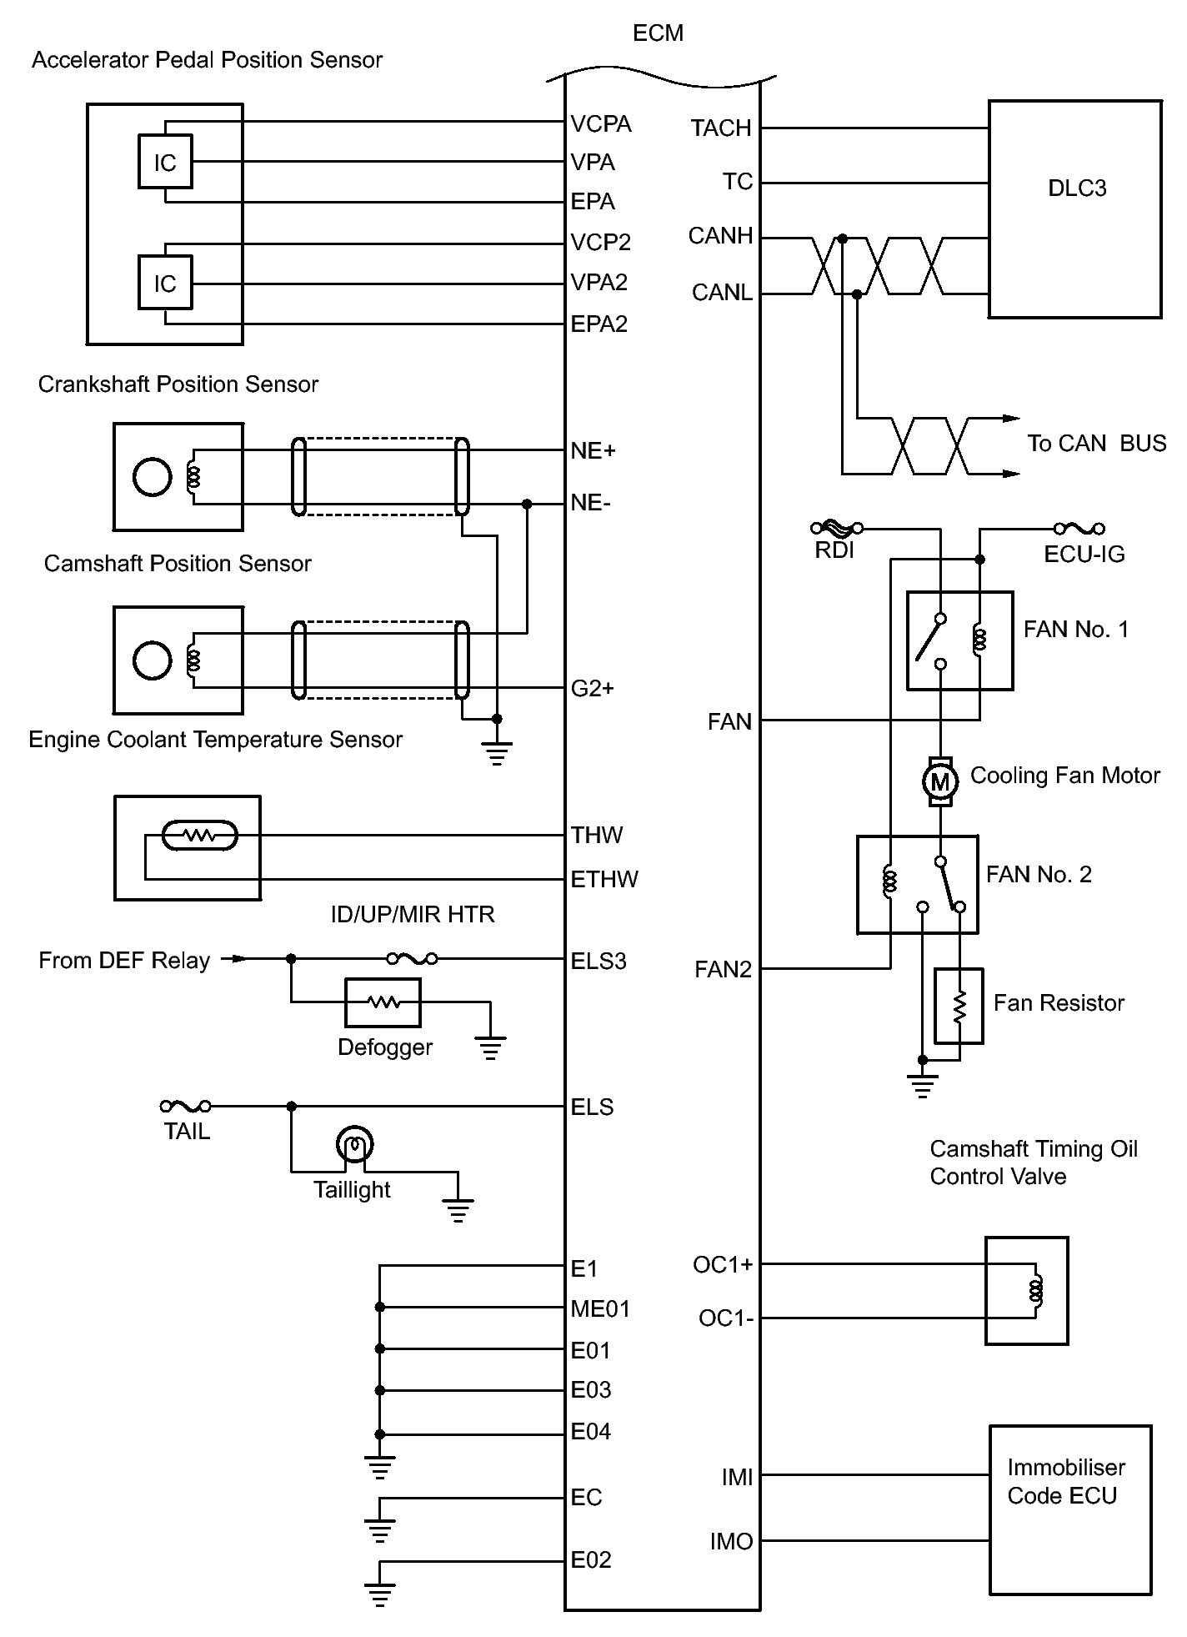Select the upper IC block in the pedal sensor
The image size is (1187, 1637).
click(165, 162)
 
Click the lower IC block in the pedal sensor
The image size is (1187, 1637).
click(165, 284)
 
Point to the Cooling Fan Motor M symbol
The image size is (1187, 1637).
click(939, 781)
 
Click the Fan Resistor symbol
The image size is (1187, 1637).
click(959, 1006)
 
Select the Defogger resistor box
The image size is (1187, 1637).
click(383, 1002)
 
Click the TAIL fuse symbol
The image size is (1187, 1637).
click(185, 1107)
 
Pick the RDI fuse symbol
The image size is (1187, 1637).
click(836, 527)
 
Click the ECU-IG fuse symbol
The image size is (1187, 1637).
click(1079, 528)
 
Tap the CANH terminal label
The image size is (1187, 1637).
click(720, 236)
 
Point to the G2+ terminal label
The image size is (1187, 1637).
click(592, 688)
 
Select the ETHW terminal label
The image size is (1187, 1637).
click(604, 879)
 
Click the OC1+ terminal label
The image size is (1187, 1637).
click(723, 1265)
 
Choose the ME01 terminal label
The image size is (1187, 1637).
click(600, 1308)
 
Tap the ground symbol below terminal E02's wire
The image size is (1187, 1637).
click(379, 1593)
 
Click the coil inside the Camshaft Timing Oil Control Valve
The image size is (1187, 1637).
click(1036, 1291)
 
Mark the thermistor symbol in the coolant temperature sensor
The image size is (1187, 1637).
click(199, 835)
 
